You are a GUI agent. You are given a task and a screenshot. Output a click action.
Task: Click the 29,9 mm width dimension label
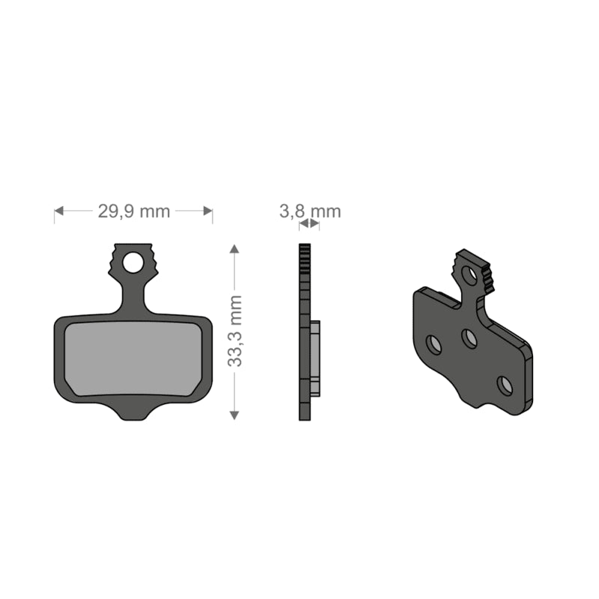(134, 210)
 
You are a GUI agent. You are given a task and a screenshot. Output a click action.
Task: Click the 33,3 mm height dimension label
(235, 330)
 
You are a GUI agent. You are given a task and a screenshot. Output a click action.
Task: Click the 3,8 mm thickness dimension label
(310, 210)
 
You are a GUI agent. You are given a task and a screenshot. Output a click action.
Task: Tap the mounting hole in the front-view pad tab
(133, 263)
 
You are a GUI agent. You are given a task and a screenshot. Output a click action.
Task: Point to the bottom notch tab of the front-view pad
(133, 411)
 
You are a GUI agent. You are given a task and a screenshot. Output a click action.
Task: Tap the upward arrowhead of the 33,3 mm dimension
(235, 250)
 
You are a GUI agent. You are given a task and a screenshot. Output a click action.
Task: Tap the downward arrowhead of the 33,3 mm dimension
(235, 413)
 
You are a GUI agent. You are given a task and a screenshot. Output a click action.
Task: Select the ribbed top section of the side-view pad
(304, 259)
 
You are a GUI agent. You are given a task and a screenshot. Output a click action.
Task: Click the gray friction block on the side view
(315, 358)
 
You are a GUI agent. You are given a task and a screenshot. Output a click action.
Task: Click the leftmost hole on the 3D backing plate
(434, 344)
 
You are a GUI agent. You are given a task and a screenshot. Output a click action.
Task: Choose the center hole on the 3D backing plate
(469, 338)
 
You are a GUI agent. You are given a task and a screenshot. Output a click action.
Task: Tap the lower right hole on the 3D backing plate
(505, 385)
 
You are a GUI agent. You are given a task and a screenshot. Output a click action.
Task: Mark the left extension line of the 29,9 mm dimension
(55, 216)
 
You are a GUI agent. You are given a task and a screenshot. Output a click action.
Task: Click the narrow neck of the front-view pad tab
(133, 296)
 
